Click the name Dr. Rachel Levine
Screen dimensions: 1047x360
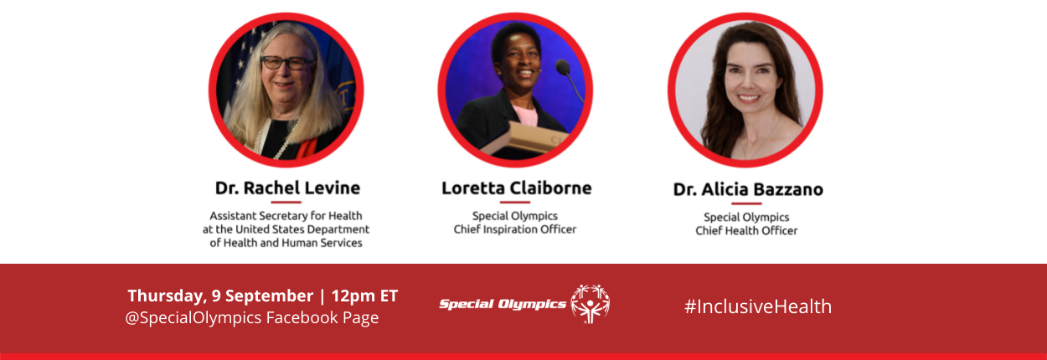coord(287,188)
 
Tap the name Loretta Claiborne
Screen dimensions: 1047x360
coord(517,188)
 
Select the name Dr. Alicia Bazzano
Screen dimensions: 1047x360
coord(748,189)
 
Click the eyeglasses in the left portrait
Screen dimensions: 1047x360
coord(286,63)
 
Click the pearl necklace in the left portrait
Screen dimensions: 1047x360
coord(278,140)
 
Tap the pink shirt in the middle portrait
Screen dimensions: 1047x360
coord(527,116)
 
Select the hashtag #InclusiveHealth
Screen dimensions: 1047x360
coord(758,306)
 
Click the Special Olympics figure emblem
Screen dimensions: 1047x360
coord(591,304)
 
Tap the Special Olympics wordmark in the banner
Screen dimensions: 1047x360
coord(503,305)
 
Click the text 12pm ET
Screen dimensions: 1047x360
coord(364,296)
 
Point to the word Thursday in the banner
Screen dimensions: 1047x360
coord(167,296)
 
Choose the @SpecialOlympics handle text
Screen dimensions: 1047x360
coord(193,317)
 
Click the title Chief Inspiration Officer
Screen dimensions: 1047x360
coord(514,229)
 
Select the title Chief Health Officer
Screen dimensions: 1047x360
coord(746,231)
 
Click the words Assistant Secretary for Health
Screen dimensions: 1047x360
coord(286,216)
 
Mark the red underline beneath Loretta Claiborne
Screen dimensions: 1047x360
coord(514,202)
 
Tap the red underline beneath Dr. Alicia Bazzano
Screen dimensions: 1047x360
coord(746,203)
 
